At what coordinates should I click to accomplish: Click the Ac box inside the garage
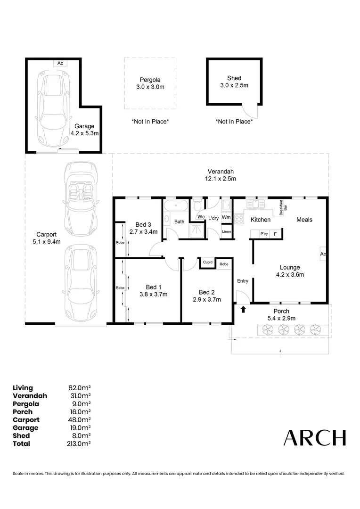coord(60,63)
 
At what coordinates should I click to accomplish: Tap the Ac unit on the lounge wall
coord(323,254)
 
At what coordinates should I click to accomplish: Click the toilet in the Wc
coord(197,205)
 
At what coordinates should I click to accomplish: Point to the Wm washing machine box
coord(226,217)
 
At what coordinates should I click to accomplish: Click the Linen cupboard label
coord(226,232)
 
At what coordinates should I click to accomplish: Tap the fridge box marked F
coord(275,234)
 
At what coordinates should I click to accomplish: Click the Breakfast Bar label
coord(283,207)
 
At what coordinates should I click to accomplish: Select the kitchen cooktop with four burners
coord(238,219)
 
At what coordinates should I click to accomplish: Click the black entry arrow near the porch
coord(243,310)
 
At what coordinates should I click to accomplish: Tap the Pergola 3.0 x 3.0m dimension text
coord(150,87)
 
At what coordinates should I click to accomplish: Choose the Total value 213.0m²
coord(79,443)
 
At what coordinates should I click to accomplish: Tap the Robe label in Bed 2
coord(224,264)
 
